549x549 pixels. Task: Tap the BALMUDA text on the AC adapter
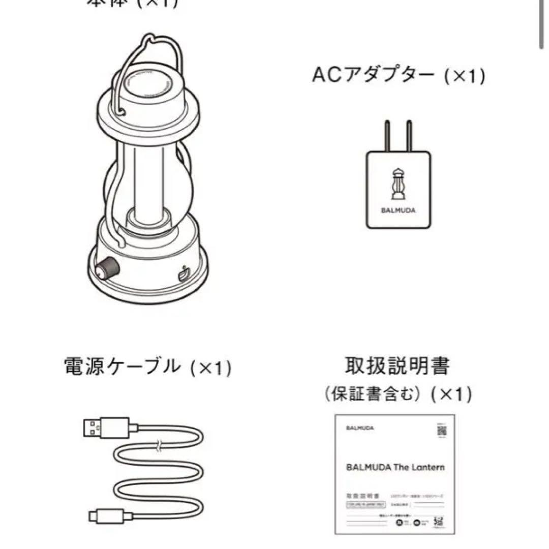coord(398,210)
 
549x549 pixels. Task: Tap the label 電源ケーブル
coord(122,366)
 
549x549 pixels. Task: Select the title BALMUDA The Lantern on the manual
coord(395,467)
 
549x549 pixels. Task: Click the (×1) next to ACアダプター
coord(464,77)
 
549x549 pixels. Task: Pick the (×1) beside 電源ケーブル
coord(210,367)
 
